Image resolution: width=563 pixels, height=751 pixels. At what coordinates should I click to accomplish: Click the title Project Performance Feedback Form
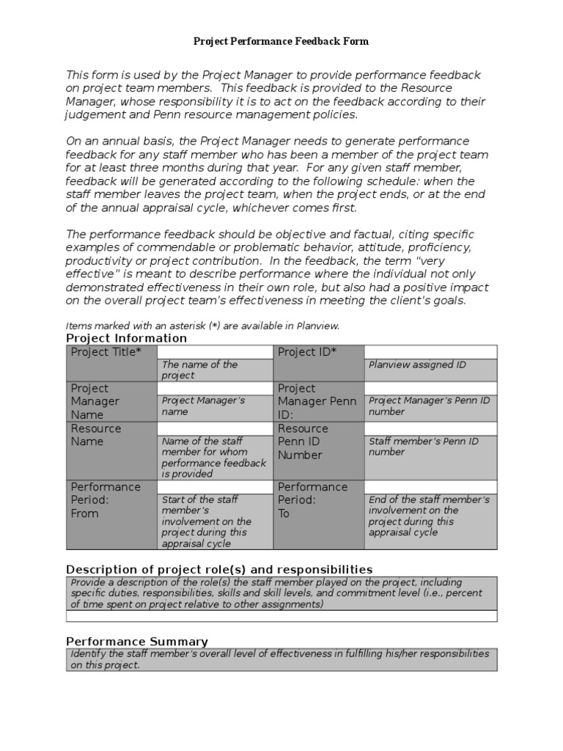[x=281, y=42]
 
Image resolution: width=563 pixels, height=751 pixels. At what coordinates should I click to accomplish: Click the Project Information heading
[x=126, y=338]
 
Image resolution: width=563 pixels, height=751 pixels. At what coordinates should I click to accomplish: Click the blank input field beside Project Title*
[x=214, y=352]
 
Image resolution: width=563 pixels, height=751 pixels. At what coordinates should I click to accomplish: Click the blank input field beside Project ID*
[x=430, y=352]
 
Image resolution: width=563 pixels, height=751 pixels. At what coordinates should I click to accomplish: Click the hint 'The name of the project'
[x=199, y=370]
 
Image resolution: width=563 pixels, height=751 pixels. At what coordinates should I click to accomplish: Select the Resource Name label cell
[x=111, y=450]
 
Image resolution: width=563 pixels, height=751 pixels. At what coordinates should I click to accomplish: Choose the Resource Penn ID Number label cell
[x=318, y=450]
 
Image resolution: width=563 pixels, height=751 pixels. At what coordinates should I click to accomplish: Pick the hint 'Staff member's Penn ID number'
[x=423, y=447]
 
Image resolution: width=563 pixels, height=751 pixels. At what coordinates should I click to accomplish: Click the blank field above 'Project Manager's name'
[x=214, y=388]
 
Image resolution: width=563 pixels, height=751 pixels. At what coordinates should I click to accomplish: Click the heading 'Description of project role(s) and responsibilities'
[x=219, y=570]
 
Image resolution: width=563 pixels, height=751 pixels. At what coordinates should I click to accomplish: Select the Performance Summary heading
[x=137, y=642]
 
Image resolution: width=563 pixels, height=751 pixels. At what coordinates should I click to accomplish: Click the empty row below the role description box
[x=281, y=617]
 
